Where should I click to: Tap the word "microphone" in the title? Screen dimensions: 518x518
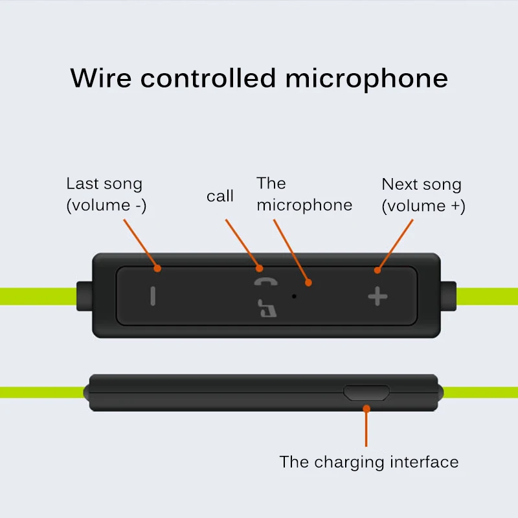[x=366, y=78]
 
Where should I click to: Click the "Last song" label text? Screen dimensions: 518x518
[x=104, y=184]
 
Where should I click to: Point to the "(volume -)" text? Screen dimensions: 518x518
[x=106, y=206]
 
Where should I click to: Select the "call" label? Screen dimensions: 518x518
[x=220, y=196]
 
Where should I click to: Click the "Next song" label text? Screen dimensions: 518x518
[x=422, y=185]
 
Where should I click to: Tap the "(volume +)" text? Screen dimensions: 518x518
[x=423, y=207]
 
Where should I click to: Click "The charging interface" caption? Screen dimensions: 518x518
[x=369, y=462]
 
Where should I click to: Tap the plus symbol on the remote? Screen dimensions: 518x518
[x=377, y=297]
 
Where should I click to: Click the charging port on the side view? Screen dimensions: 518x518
[x=366, y=392]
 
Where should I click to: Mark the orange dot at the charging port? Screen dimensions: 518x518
[x=366, y=409]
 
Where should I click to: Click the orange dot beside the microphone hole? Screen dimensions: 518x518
[x=309, y=282]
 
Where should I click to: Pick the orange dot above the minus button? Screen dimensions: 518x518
[x=157, y=268]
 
